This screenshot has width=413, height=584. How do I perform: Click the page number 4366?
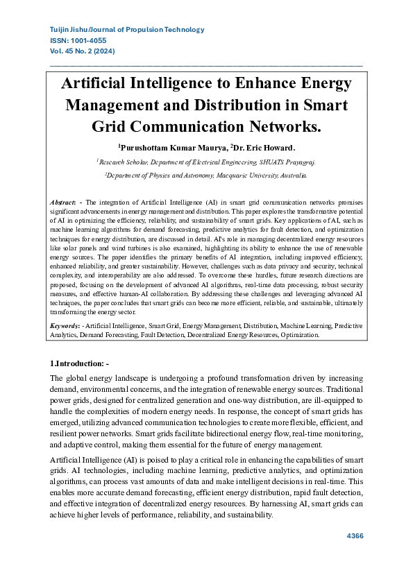tap(354, 536)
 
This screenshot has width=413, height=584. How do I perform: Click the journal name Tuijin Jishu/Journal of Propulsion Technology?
tap(127, 30)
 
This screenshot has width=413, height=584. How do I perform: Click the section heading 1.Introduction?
tap(79, 363)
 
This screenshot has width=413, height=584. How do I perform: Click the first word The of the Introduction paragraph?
tap(57, 378)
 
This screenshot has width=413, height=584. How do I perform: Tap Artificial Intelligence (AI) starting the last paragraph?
tap(96, 461)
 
